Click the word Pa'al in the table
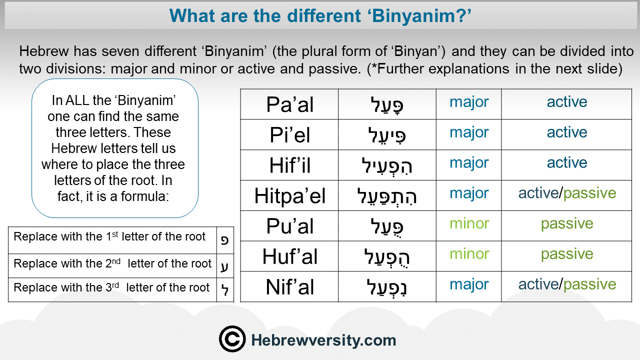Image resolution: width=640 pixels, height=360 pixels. click(289, 104)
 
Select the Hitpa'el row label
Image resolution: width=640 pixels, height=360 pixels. click(289, 196)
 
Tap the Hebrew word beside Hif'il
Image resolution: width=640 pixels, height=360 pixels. click(387, 165)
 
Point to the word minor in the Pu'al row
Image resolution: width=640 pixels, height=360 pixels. click(469, 223)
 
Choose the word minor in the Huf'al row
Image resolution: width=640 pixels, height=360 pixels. click(469, 253)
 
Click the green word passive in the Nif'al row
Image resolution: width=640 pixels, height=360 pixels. click(589, 285)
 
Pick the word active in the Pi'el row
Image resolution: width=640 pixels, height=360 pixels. click(567, 132)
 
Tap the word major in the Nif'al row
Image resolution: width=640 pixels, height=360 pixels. click(469, 285)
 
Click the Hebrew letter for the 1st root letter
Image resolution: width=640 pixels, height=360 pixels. click(225, 240)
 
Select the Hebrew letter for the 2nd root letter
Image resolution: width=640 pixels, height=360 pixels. click(224, 266)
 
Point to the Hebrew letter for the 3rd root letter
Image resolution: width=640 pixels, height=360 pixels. click(225, 290)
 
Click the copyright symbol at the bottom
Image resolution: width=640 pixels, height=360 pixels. click(232, 339)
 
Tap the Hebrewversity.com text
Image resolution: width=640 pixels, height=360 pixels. click(323, 340)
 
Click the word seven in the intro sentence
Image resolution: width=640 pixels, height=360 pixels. click(119, 51)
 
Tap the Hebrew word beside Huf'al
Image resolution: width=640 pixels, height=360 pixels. click(387, 256)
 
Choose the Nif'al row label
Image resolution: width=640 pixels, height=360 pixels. click(289, 287)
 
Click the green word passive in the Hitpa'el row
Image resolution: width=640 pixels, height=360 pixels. click(589, 193)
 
